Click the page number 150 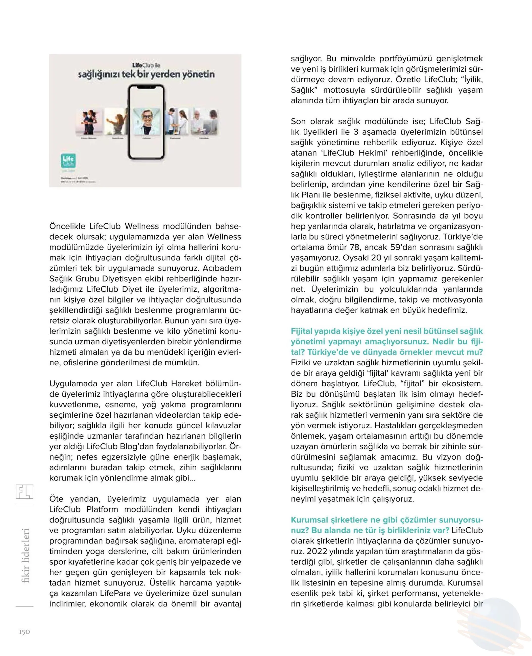coord(25,632)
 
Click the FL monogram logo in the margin coord(25,492)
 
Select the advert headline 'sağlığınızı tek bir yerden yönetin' coord(146,74)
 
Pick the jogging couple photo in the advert coord(89,122)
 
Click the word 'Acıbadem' coord(222,268)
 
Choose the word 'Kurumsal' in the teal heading coord(309,520)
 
